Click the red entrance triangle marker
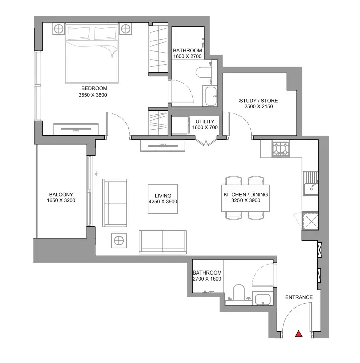coord(299,334)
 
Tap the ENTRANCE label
coord(299,297)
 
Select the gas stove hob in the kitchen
coord(281,149)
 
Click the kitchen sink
coord(311,183)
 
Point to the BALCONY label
coord(61,195)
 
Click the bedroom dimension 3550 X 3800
coord(93,95)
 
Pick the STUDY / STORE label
coord(259,101)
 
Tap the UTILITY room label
coord(205,122)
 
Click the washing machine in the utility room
coord(180,125)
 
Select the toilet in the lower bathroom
coord(238,292)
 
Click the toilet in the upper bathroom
coord(203,72)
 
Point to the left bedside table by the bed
coord(59,29)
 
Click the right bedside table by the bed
coord(126,29)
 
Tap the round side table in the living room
coord(119,240)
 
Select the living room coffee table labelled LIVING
coord(163,199)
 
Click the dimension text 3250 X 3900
coord(246,201)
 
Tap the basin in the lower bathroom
coord(263,299)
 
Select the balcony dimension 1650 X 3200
coord(61,201)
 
